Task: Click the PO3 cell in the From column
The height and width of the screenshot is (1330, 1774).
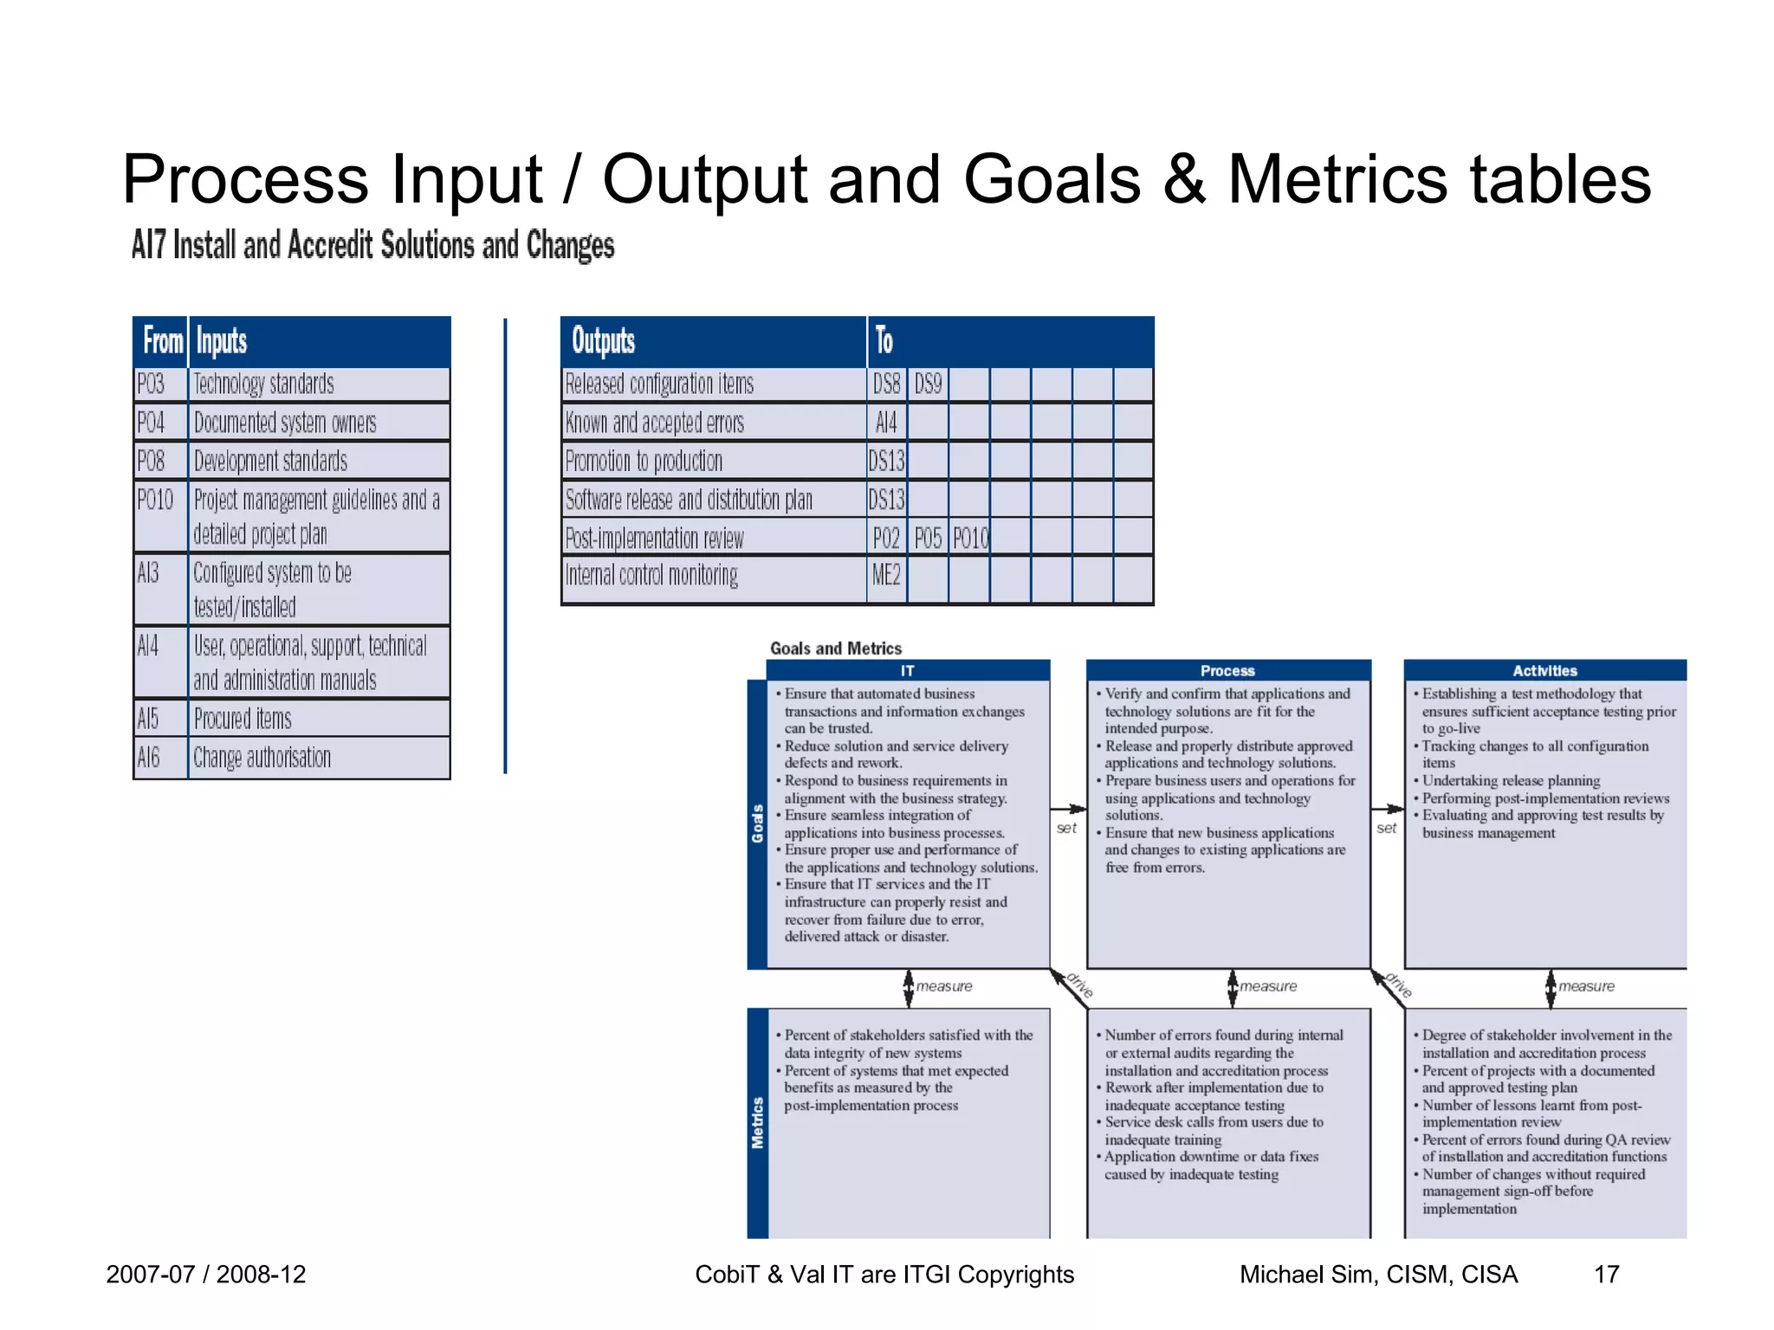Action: tap(151, 384)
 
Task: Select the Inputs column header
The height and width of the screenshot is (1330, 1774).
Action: tap(222, 341)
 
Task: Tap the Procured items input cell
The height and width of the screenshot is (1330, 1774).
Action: tap(243, 719)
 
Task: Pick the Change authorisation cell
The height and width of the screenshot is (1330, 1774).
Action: tap(262, 758)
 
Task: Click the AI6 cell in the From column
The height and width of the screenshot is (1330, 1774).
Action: tap(149, 758)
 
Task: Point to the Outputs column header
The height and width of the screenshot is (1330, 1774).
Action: tap(604, 341)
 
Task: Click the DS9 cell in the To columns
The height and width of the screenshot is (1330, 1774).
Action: tap(928, 384)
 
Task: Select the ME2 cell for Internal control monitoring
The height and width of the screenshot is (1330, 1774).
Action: tap(886, 575)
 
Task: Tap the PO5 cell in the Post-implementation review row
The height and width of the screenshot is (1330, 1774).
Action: tap(928, 539)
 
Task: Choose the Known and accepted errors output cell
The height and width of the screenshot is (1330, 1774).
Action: tap(655, 423)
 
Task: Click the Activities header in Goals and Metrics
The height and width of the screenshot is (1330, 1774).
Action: tap(1544, 670)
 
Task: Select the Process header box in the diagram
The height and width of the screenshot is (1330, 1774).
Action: tap(1227, 670)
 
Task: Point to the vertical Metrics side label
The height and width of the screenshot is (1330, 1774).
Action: tap(758, 1123)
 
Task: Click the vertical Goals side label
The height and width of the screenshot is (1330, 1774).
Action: tap(758, 823)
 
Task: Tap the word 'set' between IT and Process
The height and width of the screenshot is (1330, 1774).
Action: tap(1066, 829)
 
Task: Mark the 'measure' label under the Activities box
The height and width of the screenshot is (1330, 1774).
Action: tap(1586, 986)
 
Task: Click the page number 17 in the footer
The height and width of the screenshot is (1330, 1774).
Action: tap(1606, 1274)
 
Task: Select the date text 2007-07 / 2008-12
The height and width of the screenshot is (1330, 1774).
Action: tap(206, 1274)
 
